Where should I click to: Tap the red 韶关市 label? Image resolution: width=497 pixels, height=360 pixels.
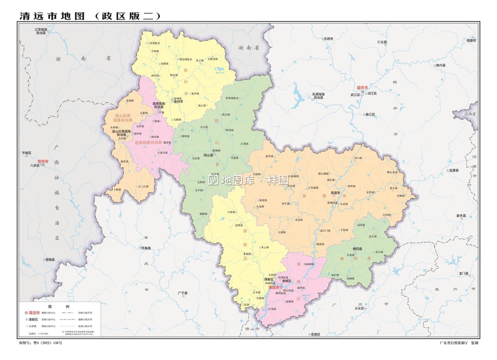[x=362, y=87]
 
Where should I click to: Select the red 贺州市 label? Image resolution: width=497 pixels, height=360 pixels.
[x=43, y=161]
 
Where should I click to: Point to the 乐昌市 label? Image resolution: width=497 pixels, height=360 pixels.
[x=328, y=39]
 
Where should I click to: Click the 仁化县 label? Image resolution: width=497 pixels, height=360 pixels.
[x=382, y=42]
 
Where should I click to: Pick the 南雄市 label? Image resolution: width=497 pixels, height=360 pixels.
[x=471, y=40]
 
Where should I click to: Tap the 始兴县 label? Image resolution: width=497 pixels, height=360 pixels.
[x=440, y=65]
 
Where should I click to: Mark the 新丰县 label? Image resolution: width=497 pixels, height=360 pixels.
[x=461, y=216]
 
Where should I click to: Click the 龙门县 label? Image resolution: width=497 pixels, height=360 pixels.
[x=463, y=273]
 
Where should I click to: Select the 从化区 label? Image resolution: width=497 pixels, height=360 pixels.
[x=359, y=308]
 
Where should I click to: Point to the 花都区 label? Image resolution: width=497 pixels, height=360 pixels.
[x=316, y=334]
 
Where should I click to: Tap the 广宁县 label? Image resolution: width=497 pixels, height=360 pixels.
[x=183, y=293]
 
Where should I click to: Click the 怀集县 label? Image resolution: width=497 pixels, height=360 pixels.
[x=146, y=248]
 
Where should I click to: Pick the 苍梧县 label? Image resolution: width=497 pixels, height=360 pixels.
[x=50, y=260]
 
